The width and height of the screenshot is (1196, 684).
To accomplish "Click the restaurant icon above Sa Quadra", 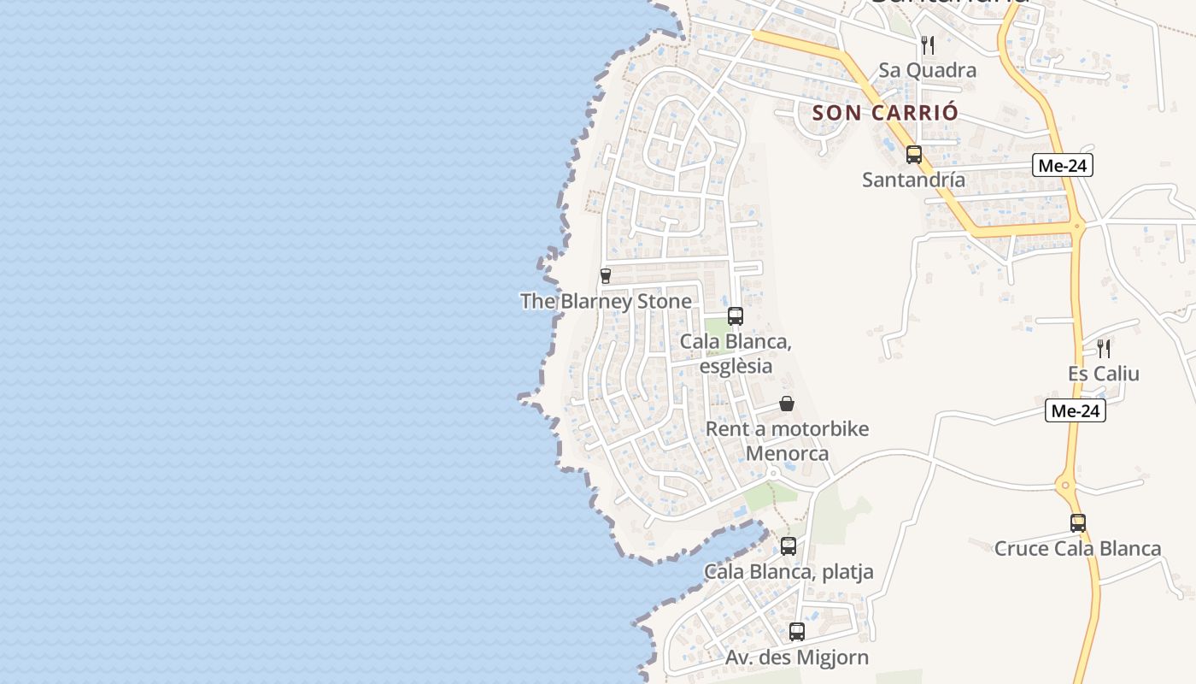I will (928, 45).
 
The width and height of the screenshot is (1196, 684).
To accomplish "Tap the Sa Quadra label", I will (927, 70).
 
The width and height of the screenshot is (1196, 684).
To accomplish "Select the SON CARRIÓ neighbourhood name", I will (885, 112).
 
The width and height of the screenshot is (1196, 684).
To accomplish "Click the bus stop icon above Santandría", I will (914, 155).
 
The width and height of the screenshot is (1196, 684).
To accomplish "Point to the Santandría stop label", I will (913, 180).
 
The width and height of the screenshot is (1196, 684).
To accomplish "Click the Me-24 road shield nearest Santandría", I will (1062, 166).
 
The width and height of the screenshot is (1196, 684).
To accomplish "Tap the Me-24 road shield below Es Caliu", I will (1076, 411).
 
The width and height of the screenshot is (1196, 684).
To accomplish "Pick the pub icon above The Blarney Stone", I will (606, 276).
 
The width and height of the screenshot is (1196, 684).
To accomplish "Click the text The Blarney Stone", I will (606, 301).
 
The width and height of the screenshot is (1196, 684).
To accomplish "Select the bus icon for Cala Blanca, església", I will (736, 316).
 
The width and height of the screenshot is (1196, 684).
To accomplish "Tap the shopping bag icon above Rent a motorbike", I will (787, 404).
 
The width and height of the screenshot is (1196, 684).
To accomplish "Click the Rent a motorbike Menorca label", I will (787, 440).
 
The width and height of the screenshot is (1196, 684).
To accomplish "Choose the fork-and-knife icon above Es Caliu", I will (1104, 349).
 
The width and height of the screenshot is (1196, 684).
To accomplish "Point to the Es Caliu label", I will (1103, 374).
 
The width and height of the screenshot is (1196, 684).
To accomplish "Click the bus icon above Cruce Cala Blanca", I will (1078, 523).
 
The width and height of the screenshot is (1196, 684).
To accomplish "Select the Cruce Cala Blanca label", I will (1077, 548).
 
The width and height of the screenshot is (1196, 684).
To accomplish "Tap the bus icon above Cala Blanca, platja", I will (789, 546).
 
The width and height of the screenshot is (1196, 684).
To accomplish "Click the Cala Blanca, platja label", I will (789, 571).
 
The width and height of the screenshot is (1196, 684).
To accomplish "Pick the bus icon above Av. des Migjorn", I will (797, 633).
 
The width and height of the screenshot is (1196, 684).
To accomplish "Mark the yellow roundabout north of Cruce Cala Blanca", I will (1066, 486).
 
